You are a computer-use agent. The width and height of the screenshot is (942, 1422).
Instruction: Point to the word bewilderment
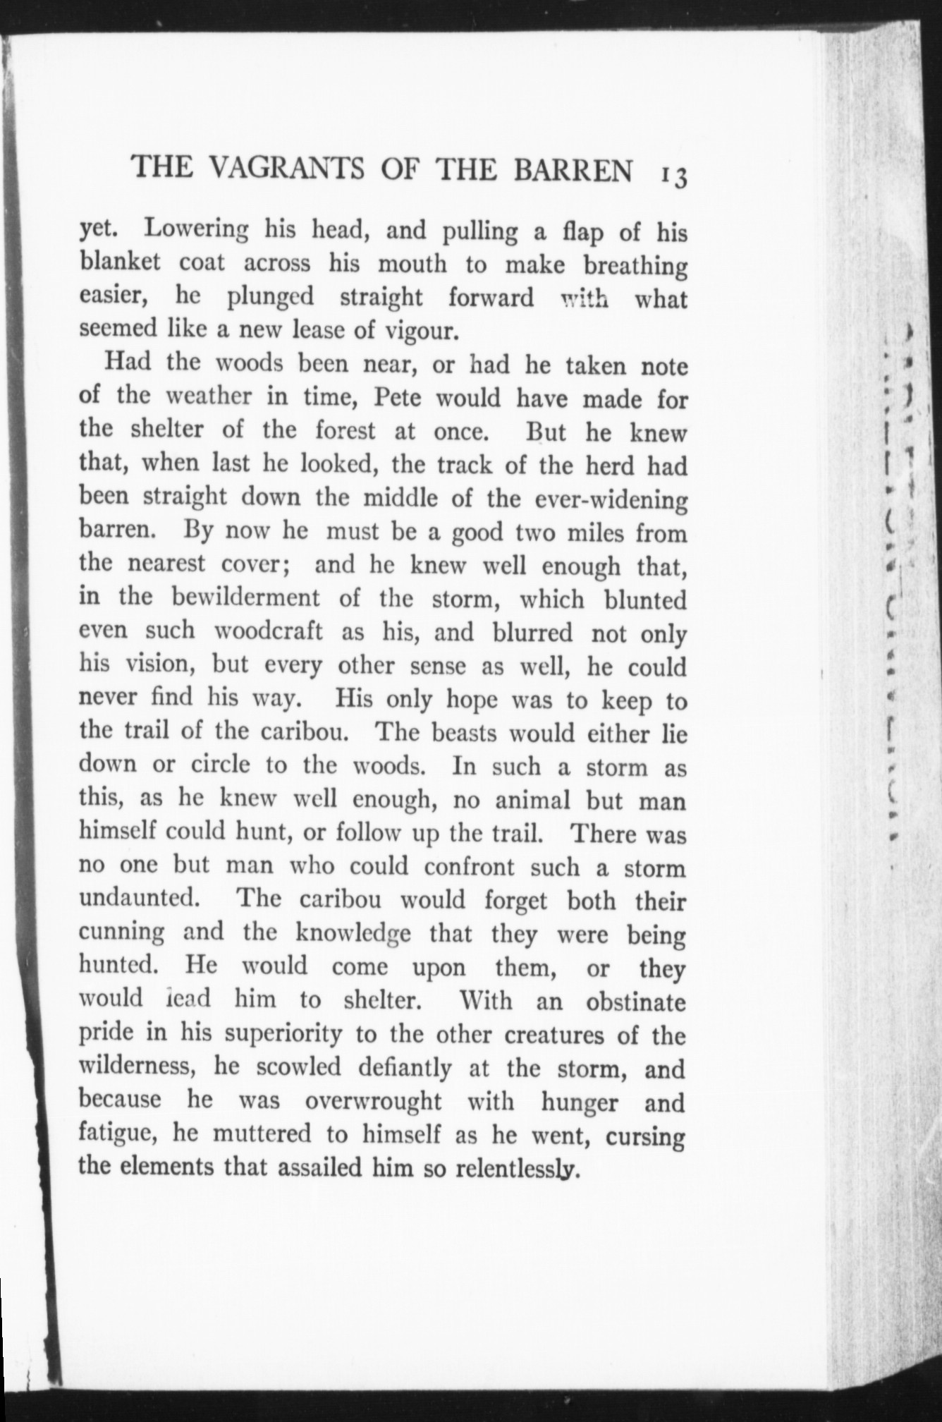245,598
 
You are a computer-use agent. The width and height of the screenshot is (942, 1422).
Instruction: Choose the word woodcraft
267,631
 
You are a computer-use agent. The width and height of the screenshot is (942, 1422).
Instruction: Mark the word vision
152,664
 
